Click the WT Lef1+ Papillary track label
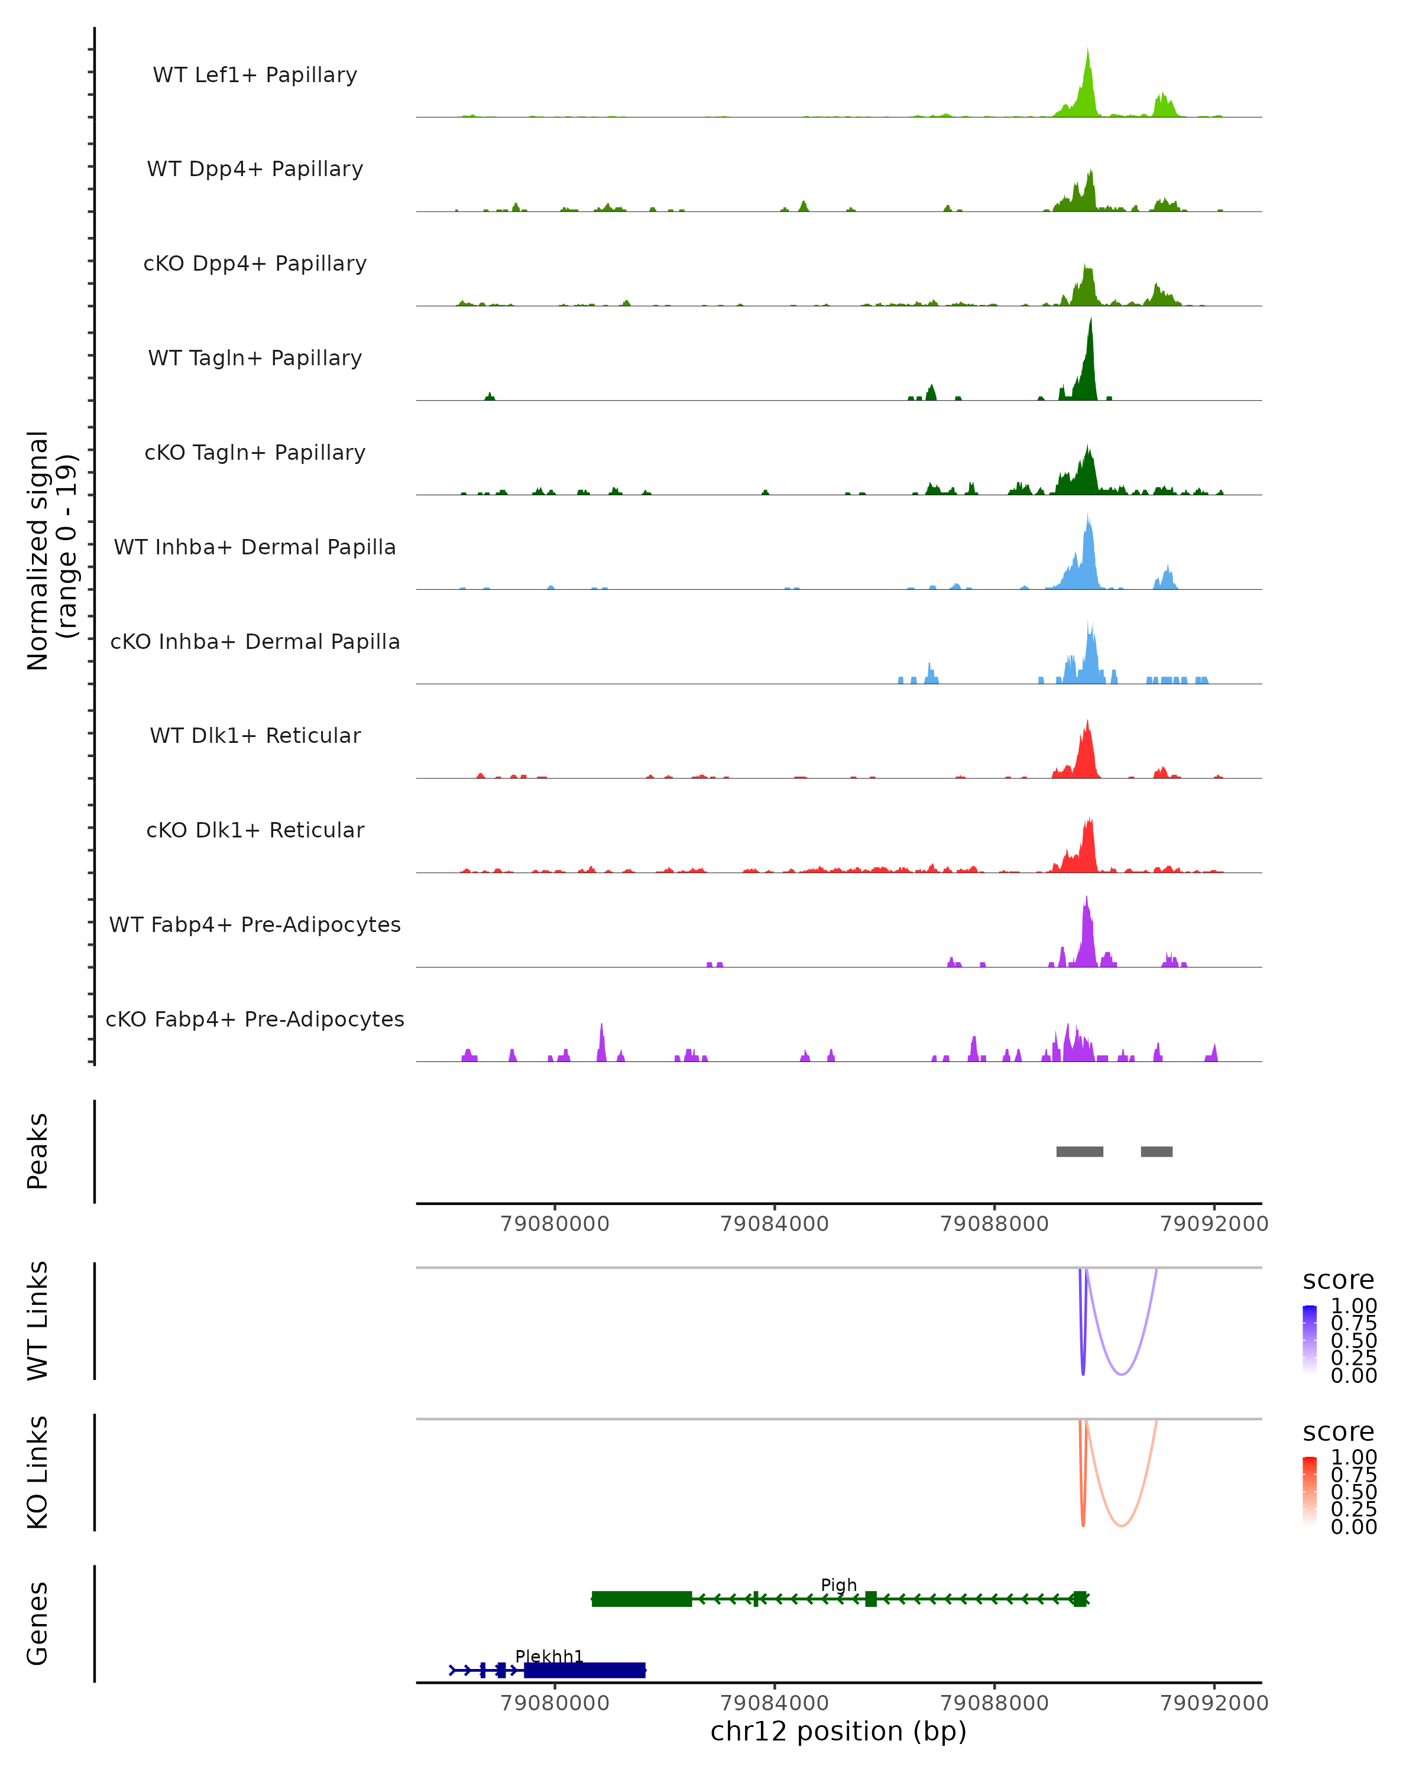[x=255, y=75]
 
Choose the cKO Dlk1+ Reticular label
[x=255, y=830]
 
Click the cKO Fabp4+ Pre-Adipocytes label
[x=255, y=1019]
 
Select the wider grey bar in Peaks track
[x=1079, y=1151]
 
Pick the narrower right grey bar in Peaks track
[x=1156, y=1151]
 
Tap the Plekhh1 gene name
[x=549, y=1656]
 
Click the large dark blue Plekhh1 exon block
[x=584, y=1670]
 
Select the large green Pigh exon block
[x=642, y=1599]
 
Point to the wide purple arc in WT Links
[x=1121, y=1374]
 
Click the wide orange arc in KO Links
[x=1121, y=1525]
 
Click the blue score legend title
[x=1337, y=1281]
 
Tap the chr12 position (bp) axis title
[x=838, y=1731]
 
